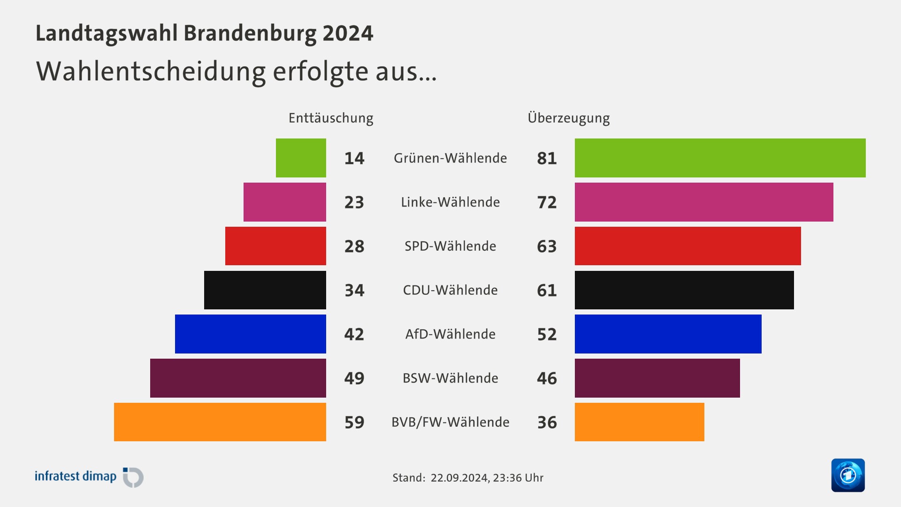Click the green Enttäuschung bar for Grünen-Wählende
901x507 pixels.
tap(301, 158)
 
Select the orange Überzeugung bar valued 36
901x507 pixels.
tap(639, 422)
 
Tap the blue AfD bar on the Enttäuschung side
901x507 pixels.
tap(250, 334)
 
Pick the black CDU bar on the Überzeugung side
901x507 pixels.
tap(684, 290)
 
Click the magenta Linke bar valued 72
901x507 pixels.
tap(704, 202)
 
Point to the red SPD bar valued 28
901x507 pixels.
tap(275, 246)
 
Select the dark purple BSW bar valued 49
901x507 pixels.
tap(238, 378)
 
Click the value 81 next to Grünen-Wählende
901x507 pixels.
tap(547, 158)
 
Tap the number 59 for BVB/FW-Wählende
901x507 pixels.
tap(354, 422)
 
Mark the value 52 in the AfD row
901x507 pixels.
tap(547, 334)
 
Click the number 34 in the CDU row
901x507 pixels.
tap(354, 290)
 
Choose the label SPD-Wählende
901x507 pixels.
tap(450, 246)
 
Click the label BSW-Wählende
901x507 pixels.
tap(450, 378)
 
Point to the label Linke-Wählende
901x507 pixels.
tap(450, 202)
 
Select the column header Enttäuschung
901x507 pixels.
tap(331, 118)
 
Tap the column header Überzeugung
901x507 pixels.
tap(568, 118)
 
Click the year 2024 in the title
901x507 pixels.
tap(348, 33)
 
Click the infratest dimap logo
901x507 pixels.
tap(89, 477)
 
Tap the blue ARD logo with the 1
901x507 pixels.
tap(848, 475)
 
